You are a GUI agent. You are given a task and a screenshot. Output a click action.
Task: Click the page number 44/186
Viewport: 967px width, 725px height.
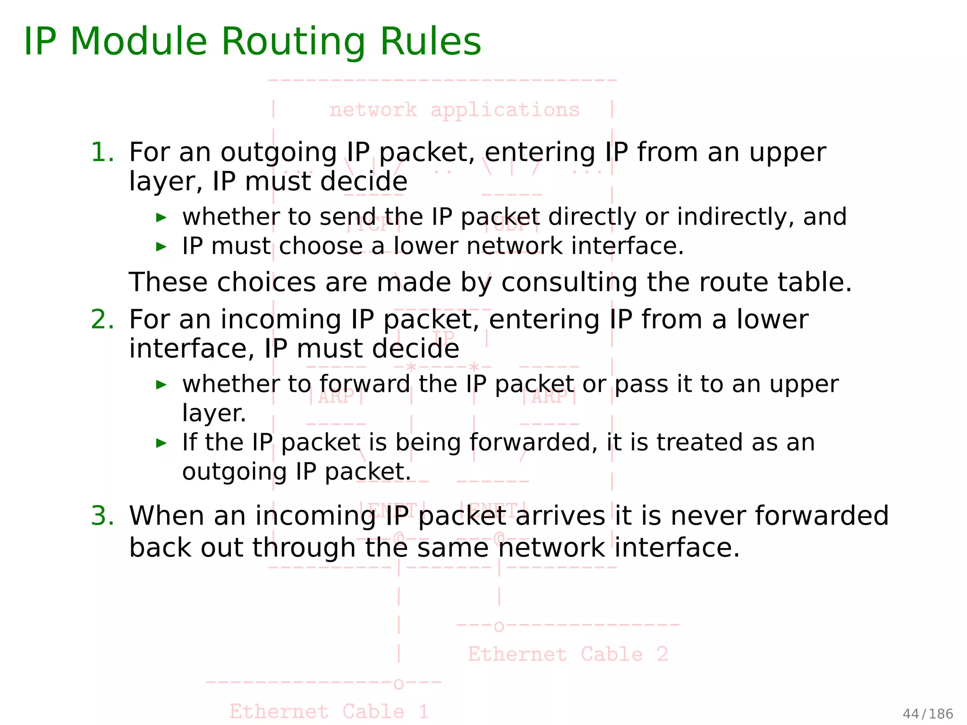click(927, 714)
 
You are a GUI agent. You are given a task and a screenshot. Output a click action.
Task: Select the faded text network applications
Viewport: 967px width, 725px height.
click(454, 110)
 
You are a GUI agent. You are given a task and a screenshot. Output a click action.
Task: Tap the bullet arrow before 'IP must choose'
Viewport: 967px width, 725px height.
click(161, 246)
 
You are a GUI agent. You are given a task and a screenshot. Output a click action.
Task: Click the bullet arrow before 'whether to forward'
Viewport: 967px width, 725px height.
click(161, 385)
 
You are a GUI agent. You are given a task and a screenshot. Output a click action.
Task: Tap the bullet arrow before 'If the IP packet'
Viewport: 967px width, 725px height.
click(161, 443)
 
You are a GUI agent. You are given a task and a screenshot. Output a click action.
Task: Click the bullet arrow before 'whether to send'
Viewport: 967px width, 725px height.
click(161, 218)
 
